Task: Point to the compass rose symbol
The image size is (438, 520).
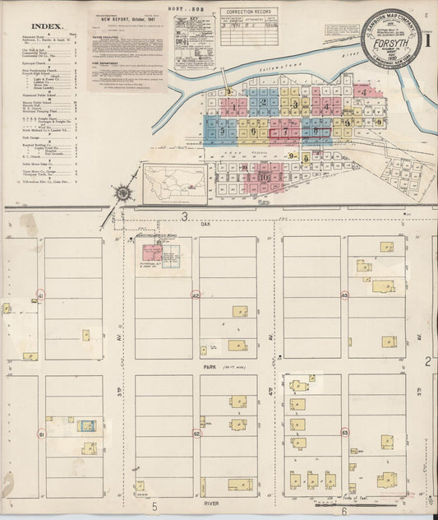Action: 122,193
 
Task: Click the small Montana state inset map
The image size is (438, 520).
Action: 175,183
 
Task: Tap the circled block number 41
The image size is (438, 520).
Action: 40,295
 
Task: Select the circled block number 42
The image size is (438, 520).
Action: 196,295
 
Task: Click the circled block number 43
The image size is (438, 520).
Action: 344,295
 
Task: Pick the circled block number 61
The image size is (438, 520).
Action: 40,433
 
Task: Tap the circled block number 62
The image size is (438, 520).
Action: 196,433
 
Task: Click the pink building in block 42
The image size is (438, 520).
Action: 151,253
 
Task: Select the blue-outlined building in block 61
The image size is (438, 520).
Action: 86,425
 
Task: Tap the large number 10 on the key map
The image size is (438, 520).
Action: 263,176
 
